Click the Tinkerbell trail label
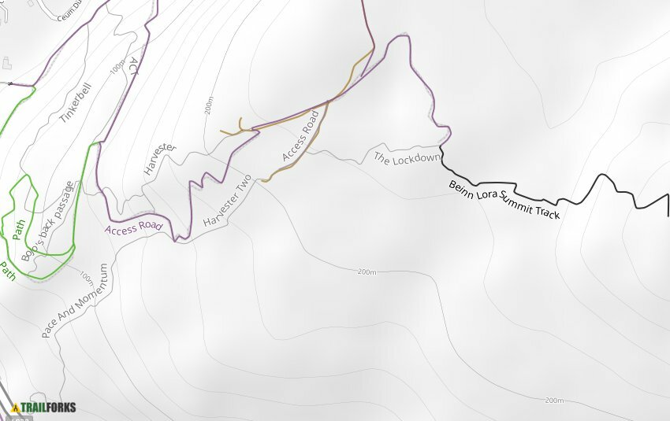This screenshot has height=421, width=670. coord(76,103)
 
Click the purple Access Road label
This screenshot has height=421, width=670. coord(132,229)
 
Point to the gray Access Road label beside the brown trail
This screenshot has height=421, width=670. coord(300,136)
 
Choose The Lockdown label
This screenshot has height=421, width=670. coord(406,157)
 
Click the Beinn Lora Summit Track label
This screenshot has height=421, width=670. coord(504,200)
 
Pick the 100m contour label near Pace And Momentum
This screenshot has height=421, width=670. coord(86,276)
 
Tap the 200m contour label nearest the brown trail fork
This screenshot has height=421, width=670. coord(209,105)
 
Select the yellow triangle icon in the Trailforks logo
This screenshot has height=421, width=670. coord(15,408)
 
